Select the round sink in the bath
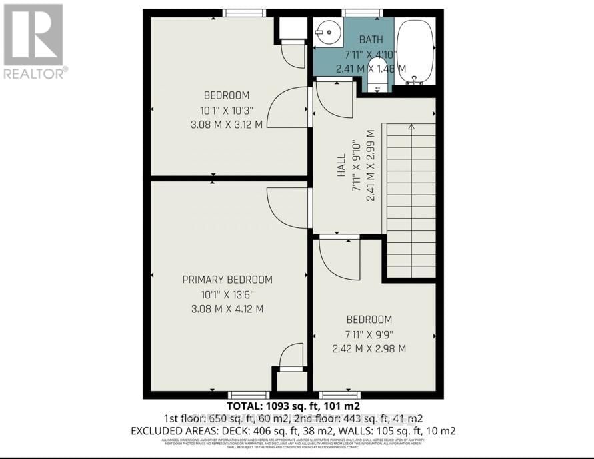[327, 30]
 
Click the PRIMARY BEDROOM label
[227, 280]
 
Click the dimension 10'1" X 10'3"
[227, 109]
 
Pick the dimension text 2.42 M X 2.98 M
[369, 348]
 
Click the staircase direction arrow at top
[411, 126]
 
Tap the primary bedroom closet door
[291, 357]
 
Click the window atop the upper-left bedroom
[244, 13]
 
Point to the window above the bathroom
[362, 13]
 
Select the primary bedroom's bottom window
[249, 395]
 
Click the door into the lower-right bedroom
[340, 257]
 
